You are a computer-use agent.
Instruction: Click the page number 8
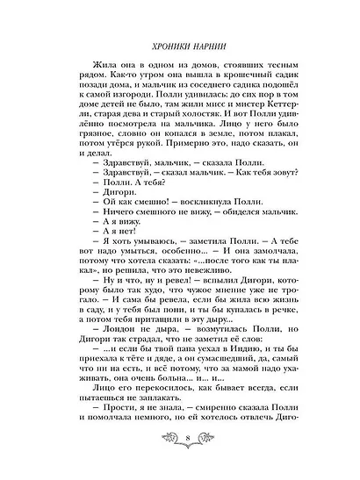click(x=180, y=457)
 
